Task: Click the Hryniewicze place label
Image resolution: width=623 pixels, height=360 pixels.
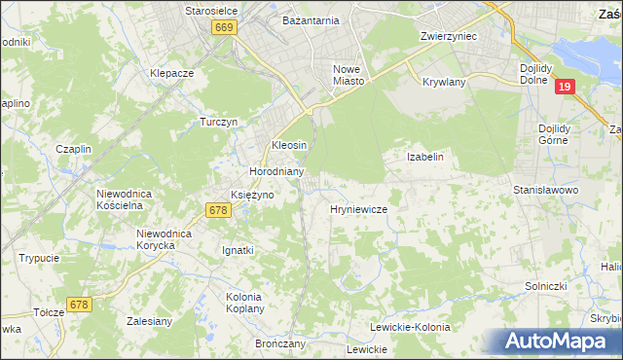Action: pos(359,209)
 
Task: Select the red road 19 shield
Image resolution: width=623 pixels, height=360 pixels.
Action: pos(566,88)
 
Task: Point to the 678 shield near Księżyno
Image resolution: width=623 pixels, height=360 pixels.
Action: pos(218,209)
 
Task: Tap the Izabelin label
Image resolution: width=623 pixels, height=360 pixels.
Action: pos(425,157)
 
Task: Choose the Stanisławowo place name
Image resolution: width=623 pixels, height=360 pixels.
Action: pos(546,190)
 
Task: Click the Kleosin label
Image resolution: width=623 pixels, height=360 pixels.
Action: pos(289,145)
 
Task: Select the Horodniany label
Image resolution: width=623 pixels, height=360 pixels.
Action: pos(277,171)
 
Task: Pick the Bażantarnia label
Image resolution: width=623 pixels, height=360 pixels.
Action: pos(311,19)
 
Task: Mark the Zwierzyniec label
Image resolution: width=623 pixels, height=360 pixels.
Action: pos(447,35)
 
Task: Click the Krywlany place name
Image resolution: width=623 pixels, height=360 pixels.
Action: pos(445,83)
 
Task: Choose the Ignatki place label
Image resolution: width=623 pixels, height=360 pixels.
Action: pos(238,250)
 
